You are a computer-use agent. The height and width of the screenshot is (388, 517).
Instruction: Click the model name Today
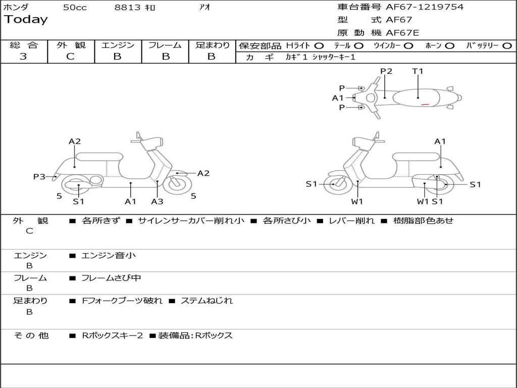click(x=26, y=20)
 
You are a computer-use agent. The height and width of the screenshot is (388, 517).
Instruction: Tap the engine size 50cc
click(x=75, y=8)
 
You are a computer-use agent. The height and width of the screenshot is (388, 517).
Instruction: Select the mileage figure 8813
click(x=128, y=8)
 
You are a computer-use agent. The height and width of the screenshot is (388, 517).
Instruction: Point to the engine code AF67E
click(x=402, y=33)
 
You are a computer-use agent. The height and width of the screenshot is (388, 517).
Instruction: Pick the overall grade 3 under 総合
click(x=23, y=57)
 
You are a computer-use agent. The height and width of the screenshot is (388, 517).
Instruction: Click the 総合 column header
click(x=24, y=45)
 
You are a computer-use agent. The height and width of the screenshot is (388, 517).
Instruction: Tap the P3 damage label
click(x=39, y=176)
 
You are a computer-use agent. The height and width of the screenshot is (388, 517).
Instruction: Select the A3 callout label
click(x=157, y=202)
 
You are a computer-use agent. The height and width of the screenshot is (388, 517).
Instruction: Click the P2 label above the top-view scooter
click(x=386, y=71)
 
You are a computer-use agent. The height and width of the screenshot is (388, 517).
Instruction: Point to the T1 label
click(x=418, y=71)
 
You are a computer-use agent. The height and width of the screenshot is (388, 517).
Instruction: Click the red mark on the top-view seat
click(x=425, y=104)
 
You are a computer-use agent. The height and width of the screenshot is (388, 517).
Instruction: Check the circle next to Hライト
click(x=319, y=45)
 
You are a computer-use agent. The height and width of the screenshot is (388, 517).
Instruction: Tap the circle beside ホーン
click(x=450, y=45)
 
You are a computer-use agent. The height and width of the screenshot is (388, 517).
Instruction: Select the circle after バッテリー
click(x=507, y=45)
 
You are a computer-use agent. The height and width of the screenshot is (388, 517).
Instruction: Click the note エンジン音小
click(x=109, y=256)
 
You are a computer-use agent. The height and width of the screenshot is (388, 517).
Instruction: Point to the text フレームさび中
click(x=111, y=278)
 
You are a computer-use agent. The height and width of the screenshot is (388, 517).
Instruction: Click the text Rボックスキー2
click(x=113, y=335)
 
